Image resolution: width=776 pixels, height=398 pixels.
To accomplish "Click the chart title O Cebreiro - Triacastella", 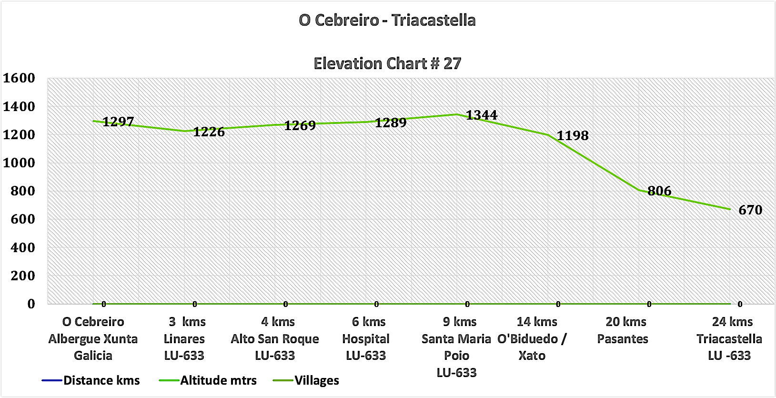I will pos(387,20).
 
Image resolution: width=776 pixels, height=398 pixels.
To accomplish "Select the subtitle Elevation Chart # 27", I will pos(387,63).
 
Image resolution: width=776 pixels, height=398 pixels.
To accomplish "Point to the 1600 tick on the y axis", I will pos(20,78).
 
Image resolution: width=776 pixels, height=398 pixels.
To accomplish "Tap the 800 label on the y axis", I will pos(23,191).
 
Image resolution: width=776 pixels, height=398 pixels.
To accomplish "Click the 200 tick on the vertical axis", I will pos(23,276).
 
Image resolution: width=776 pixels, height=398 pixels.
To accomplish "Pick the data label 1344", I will pos(482,115).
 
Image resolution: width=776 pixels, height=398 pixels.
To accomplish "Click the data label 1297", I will pos(118,122).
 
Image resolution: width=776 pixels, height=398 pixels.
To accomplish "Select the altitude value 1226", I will pos(209,132).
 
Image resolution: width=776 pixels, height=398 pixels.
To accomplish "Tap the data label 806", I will pos(659,191).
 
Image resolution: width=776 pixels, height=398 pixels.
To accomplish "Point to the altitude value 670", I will pos(750,210).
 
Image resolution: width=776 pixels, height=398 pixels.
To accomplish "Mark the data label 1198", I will pos(573,136).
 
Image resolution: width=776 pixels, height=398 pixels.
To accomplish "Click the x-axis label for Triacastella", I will pos(729,339).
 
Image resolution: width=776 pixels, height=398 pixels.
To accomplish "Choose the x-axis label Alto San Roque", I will pos(275,339).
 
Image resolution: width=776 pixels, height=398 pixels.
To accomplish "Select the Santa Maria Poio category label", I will pos(456,347).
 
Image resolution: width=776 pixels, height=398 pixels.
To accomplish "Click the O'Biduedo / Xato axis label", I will pos(532,339).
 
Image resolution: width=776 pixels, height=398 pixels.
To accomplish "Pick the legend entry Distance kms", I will pos(101,380).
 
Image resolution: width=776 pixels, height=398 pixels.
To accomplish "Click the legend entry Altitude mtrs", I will pos(218,380).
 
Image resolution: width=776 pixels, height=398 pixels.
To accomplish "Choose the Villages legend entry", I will pos(317,380).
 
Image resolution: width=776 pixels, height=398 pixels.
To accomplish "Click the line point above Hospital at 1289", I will pos(366,122).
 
